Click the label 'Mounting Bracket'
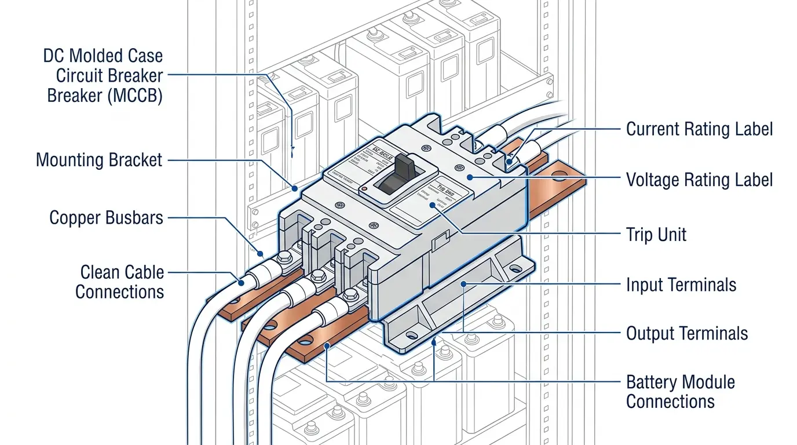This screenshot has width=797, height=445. click(x=99, y=160)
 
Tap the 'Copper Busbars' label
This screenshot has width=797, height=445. click(x=107, y=218)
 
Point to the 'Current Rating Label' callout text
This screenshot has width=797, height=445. click(x=699, y=129)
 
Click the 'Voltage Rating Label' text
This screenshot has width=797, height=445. click(x=699, y=180)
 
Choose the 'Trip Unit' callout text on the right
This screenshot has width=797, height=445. click(x=656, y=235)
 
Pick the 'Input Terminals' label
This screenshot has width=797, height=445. click(x=681, y=285)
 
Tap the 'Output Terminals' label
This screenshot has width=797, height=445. click(x=686, y=334)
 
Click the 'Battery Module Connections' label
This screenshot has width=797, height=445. click(x=680, y=392)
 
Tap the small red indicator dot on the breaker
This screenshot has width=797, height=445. click(x=363, y=189)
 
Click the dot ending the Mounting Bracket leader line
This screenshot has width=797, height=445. click(x=295, y=188)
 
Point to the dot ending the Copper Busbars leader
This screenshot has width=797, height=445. click(x=261, y=253)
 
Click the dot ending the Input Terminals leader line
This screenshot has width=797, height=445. click(x=463, y=284)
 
